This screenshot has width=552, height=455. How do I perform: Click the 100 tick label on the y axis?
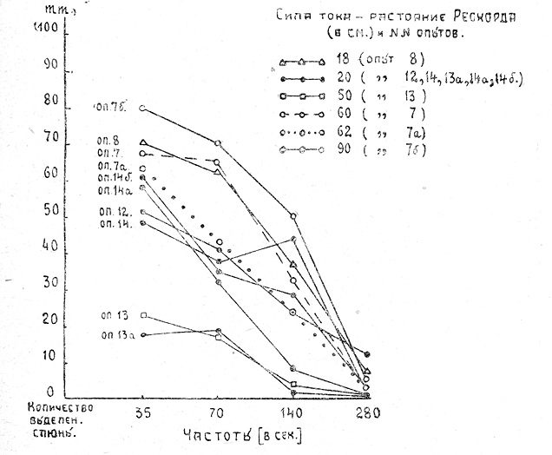coord(46,29)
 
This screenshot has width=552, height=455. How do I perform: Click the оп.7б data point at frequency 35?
coord(142,109)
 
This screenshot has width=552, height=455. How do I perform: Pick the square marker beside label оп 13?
coord(143,315)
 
